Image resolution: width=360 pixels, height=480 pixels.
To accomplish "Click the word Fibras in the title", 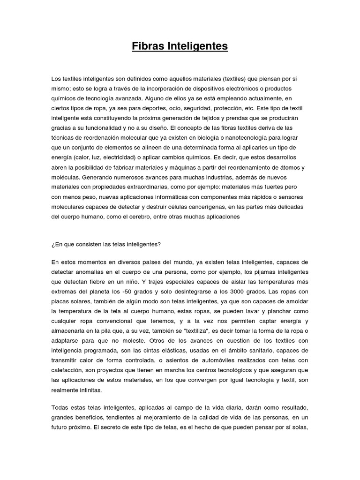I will (x=147, y=47).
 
